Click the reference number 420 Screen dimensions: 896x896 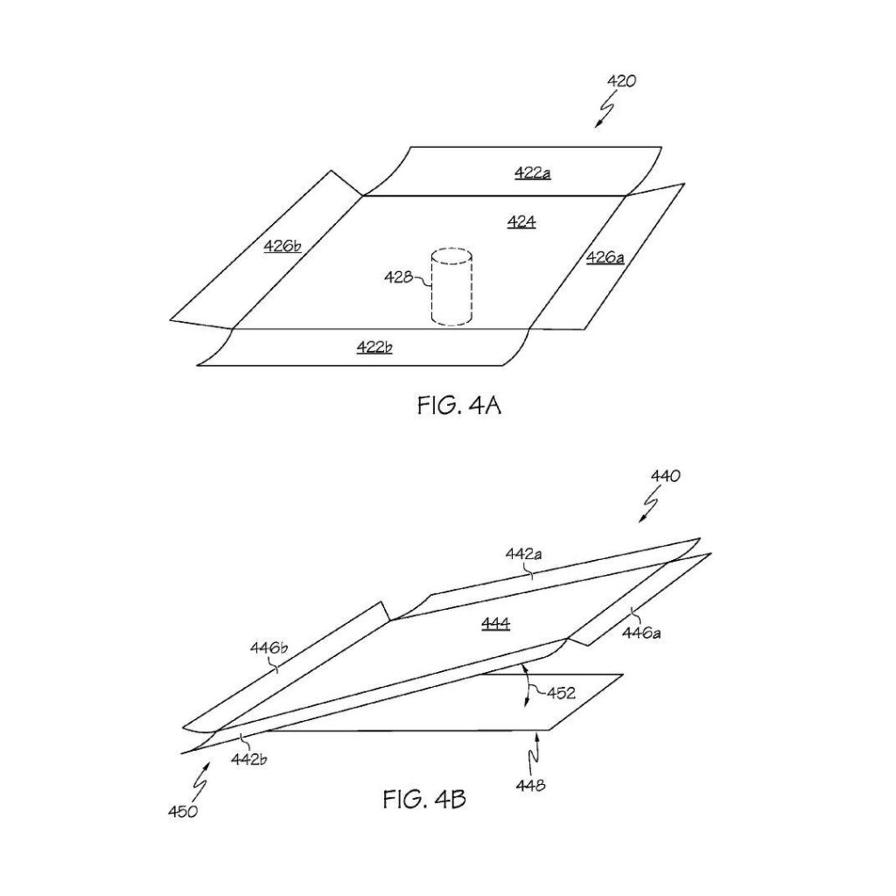pyautogui.click(x=621, y=81)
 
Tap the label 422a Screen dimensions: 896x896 pyautogui.click(x=533, y=172)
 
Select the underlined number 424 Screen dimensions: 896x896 pyautogui.click(x=521, y=221)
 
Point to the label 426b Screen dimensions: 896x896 pyautogui.click(x=283, y=246)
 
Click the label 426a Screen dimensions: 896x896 pyautogui.click(x=605, y=258)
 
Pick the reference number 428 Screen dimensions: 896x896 pyautogui.click(x=398, y=277)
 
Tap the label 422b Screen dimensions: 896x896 pyautogui.click(x=374, y=346)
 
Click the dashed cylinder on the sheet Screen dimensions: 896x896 pyautogui.click(x=451, y=287)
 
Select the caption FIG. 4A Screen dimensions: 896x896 pyautogui.click(x=459, y=405)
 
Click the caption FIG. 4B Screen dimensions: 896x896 pyautogui.click(x=424, y=799)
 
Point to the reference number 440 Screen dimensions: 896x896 pyautogui.click(x=666, y=476)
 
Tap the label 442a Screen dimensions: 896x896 pyautogui.click(x=524, y=554)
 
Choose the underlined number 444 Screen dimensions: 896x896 pyautogui.click(x=495, y=623)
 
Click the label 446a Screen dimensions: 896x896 pyautogui.click(x=641, y=633)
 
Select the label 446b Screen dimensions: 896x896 pyautogui.click(x=269, y=648)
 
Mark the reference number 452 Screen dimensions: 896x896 pyautogui.click(x=561, y=693)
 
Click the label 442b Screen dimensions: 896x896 pyautogui.click(x=249, y=759)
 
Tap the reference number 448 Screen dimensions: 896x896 pyautogui.click(x=530, y=786)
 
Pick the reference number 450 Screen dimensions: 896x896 pyautogui.click(x=183, y=811)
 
